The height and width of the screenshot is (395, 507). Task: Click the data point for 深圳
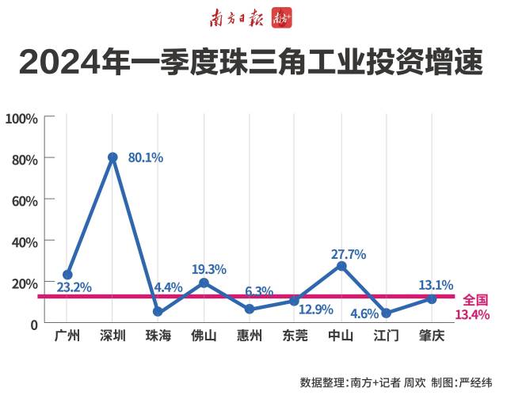112,158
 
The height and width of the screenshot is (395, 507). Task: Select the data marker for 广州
67,275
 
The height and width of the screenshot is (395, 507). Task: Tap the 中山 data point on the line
341,266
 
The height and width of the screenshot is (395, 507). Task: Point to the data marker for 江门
387,313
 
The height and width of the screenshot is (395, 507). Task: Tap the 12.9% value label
316,310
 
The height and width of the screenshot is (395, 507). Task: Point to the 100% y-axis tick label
21,118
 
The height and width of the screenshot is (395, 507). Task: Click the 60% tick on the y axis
25,200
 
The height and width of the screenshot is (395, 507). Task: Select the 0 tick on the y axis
33,324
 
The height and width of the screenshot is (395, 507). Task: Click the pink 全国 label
475,300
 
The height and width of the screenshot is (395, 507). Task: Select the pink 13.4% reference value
473,315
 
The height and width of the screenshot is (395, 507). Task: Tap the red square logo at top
282,16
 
